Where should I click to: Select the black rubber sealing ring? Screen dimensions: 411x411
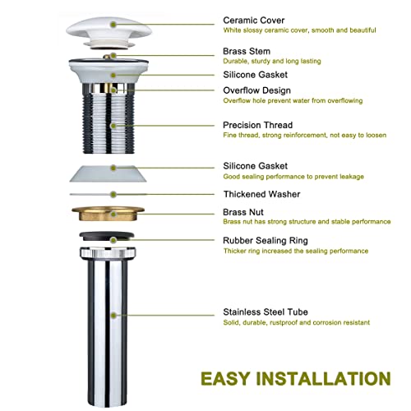(114, 238)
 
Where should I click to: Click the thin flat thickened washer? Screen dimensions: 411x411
(114, 195)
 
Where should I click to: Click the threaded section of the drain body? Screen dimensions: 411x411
(114, 123)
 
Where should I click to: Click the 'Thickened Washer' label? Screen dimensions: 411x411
(261, 195)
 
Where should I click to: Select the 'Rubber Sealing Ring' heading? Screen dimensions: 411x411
(265, 240)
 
